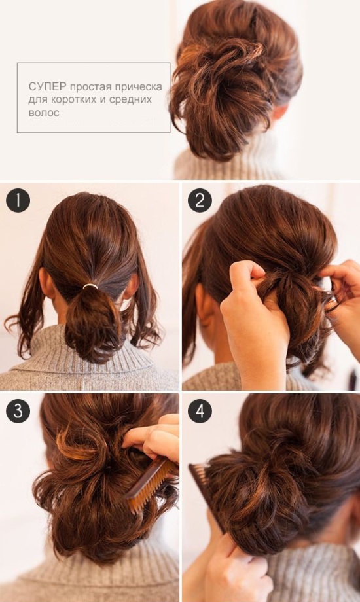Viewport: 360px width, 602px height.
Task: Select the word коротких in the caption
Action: coord(76,99)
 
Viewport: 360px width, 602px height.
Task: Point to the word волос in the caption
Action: coord(44,113)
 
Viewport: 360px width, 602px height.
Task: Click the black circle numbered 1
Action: coord(18,200)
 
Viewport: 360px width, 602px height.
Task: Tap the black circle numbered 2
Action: coord(200,200)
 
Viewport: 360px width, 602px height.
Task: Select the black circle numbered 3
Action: coord(18,411)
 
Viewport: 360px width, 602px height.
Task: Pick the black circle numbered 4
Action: coord(200,411)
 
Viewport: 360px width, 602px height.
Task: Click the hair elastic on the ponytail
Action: coord(90,286)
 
